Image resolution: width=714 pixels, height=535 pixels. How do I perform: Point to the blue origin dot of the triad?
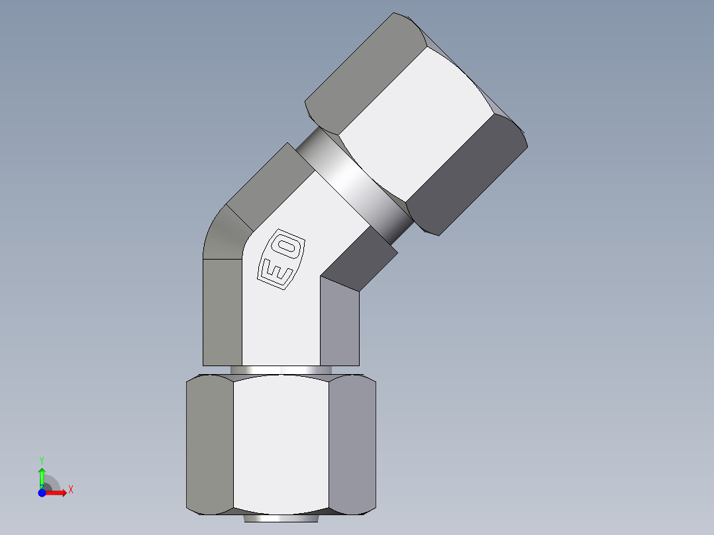[x=42, y=493]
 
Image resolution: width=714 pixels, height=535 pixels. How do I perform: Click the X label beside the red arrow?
[x=70, y=490]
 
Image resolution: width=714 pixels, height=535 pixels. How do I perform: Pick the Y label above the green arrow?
[x=41, y=459]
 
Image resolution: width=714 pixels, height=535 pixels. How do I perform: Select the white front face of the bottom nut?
[x=281, y=444]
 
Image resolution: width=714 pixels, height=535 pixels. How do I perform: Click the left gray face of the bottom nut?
[x=209, y=444]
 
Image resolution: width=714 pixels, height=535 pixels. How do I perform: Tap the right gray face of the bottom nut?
[x=352, y=444]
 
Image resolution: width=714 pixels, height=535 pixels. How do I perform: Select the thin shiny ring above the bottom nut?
[x=281, y=369]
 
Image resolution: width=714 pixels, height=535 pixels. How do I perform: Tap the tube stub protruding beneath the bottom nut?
[x=280, y=518]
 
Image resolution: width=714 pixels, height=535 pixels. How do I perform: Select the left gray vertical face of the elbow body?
[x=222, y=311]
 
